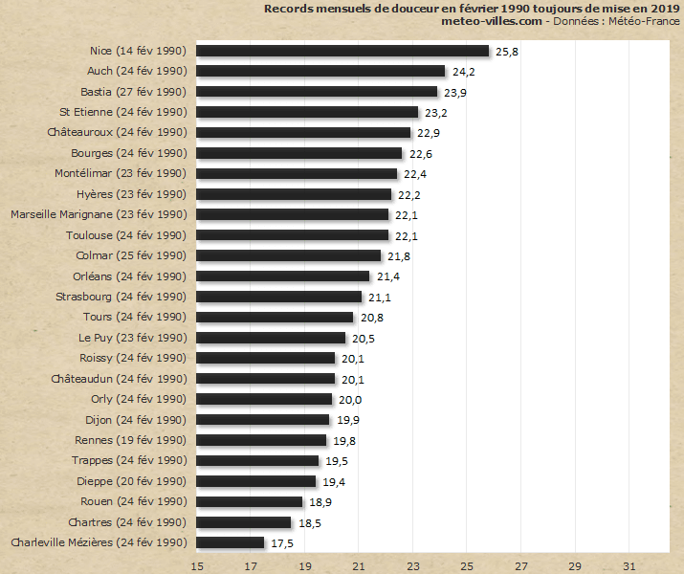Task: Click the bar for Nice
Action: coord(342,51)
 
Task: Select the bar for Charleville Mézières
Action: coord(230,542)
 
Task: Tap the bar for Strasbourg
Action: coord(278,297)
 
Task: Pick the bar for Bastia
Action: coord(317,92)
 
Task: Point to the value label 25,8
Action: coord(507,51)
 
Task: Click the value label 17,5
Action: coord(282,542)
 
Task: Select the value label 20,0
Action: coord(350,399)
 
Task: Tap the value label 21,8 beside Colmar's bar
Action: coord(399,255)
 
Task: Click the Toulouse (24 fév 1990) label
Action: coord(125,235)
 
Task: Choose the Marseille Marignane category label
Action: coord(98,214)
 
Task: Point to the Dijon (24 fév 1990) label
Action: coord(134,420)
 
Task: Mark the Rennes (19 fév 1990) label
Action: coord(130,440)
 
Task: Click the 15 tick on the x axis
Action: coord(197,565)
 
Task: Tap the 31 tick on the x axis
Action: coord(629,565)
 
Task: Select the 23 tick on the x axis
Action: coord(413,565)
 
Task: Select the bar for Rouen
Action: coord(249,501)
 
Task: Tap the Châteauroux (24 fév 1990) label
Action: coord(116,133)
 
